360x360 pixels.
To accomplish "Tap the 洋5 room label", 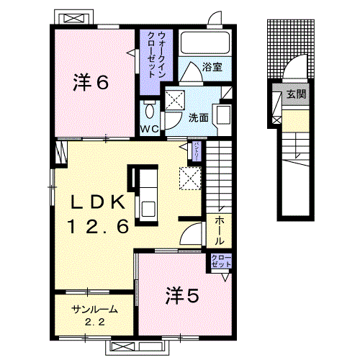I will point(184,294).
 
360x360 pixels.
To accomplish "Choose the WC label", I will point(149,129).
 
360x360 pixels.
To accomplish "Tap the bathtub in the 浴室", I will point(204,42).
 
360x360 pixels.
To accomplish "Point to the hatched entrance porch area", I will point(292,47).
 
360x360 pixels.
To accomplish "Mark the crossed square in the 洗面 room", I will point(173,100).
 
